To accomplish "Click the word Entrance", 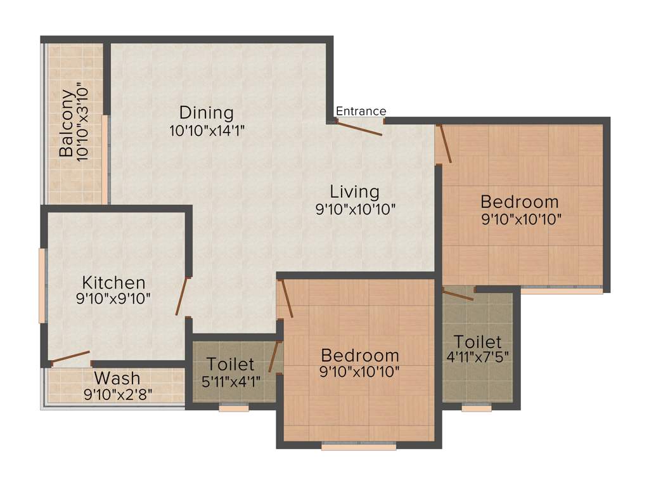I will coord(361,112).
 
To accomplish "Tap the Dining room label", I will coord(206,113).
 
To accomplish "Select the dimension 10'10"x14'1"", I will coord(207,131).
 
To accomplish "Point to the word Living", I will coord(355,192).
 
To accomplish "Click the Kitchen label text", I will coord(113,282).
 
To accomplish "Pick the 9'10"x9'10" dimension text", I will coord(113,299).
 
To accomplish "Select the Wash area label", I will coord(117,379).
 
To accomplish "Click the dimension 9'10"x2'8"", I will coord(118,394).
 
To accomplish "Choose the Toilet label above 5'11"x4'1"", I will coord(231,365).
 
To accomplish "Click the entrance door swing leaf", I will coord(359,129).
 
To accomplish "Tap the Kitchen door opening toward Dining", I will coord(182,296).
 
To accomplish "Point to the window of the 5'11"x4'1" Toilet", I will coord(234,408).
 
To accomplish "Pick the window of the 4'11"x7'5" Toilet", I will coord(477,408).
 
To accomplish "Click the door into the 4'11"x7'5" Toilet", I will coord(458,295).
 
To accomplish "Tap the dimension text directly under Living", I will coord(356,209).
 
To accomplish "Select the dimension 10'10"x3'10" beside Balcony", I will coord(81,120).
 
